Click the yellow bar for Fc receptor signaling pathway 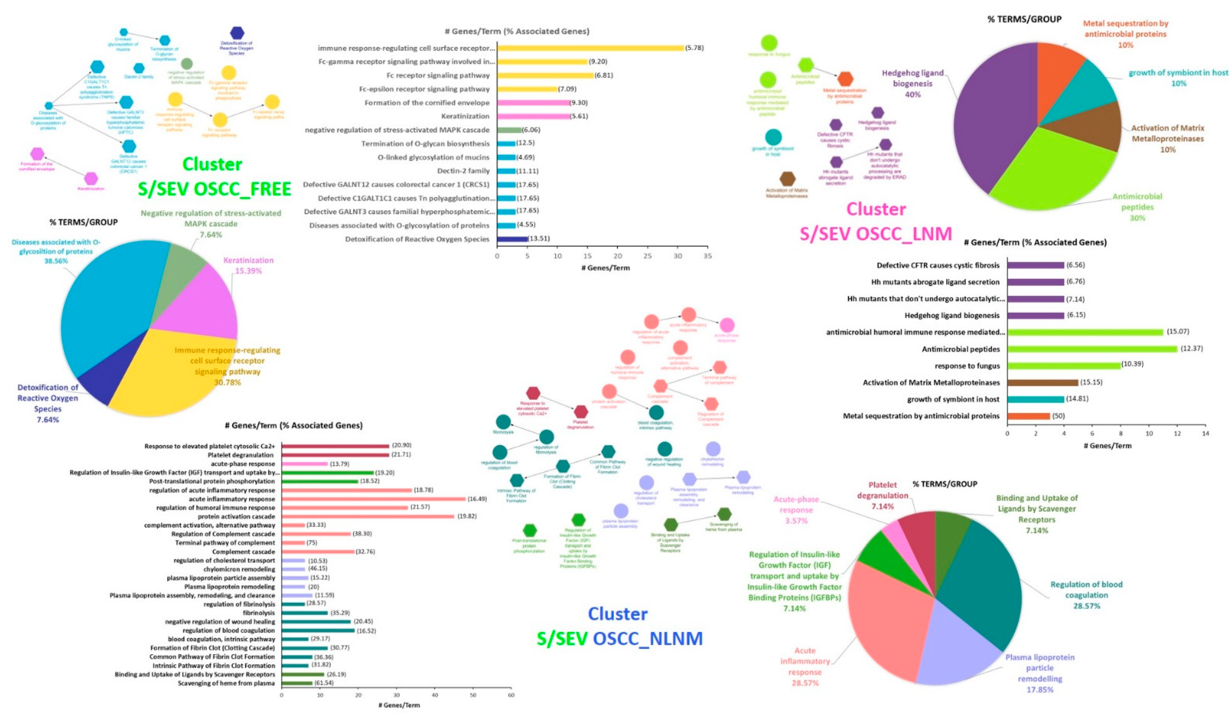(545, 75)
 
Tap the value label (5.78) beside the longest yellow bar (694, 48)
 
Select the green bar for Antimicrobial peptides (1092, 349)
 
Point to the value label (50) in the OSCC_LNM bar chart (1059, 416)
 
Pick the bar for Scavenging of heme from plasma (296, 683)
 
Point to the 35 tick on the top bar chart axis (707, 256)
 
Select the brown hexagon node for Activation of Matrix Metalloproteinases (787, 179)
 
